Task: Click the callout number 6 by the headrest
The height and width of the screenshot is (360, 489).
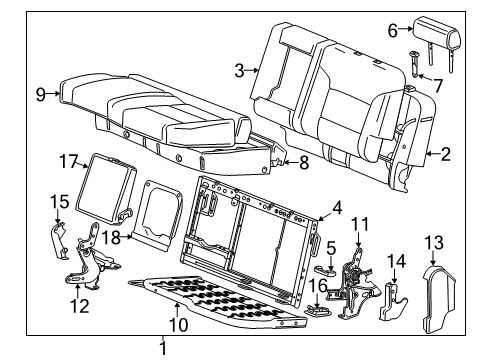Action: pyautogui.click(x=393, y=30)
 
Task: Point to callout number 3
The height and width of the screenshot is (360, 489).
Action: pyautogui.click(x=239, y=69)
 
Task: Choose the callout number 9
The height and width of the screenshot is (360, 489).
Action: pyautogui.click(x=41, y=94)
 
